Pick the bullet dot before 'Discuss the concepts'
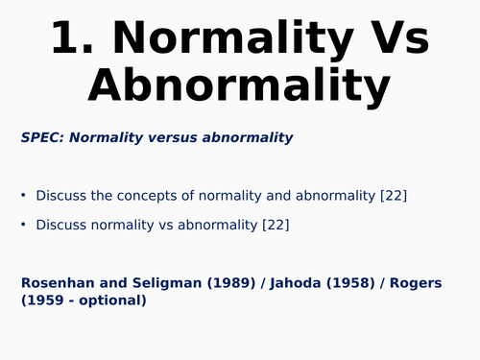pyautogui.click(x=24, y=196)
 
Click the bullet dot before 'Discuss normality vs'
pyautogui.click(x=24, y=226)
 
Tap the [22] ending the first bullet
pyautogui.click(x=394, y=196)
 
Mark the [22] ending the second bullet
pyautogui.click(x=276, y=226)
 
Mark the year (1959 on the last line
pyautogui.click(x=43, y=300)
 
